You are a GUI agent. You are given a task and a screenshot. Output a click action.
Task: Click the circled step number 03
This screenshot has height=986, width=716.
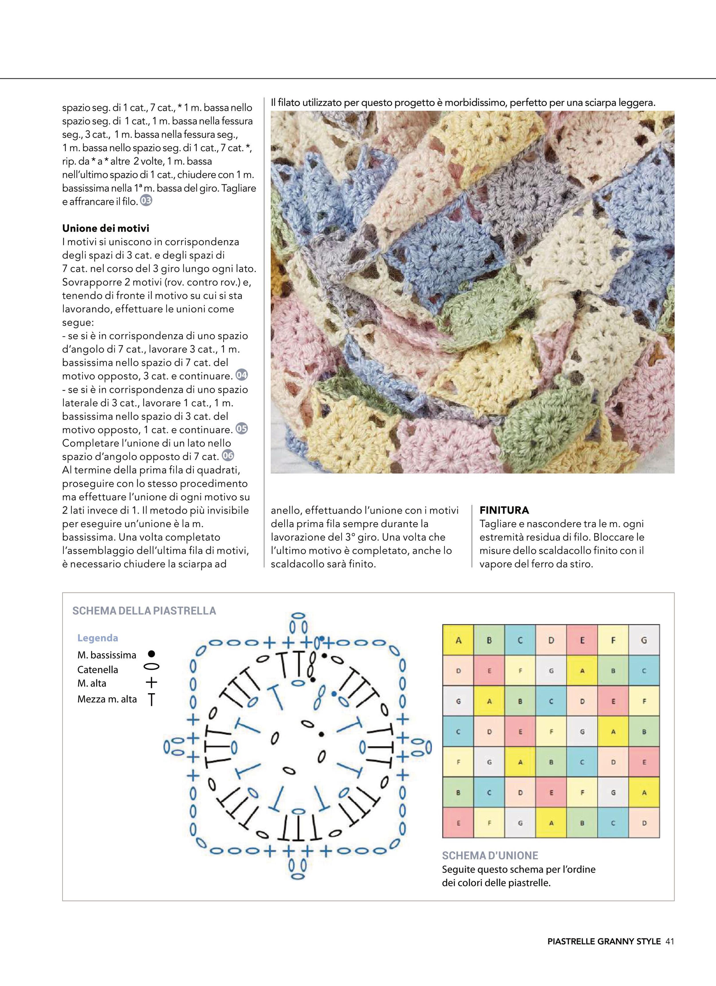coord(146,201)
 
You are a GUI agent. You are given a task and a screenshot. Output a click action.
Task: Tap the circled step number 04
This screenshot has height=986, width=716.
coord(242,375)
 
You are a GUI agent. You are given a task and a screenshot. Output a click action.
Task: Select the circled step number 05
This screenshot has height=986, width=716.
coord(242,429)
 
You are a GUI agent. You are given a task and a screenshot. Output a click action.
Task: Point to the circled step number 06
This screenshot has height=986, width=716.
coord(228,456)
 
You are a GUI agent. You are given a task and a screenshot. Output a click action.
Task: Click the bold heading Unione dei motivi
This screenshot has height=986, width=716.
coord(106,228)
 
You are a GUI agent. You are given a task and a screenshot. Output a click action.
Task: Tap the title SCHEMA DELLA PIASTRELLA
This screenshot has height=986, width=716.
coord(144,611)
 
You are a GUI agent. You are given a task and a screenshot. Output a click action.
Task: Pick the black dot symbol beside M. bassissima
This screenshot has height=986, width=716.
coord(151,653)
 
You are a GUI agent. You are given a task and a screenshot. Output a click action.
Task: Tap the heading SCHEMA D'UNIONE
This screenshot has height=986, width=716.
coord(490,856)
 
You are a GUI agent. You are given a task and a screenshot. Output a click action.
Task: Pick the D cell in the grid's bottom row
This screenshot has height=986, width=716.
coord(644,823)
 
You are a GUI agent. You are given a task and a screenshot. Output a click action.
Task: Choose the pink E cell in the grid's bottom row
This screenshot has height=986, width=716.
coord(458,823)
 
